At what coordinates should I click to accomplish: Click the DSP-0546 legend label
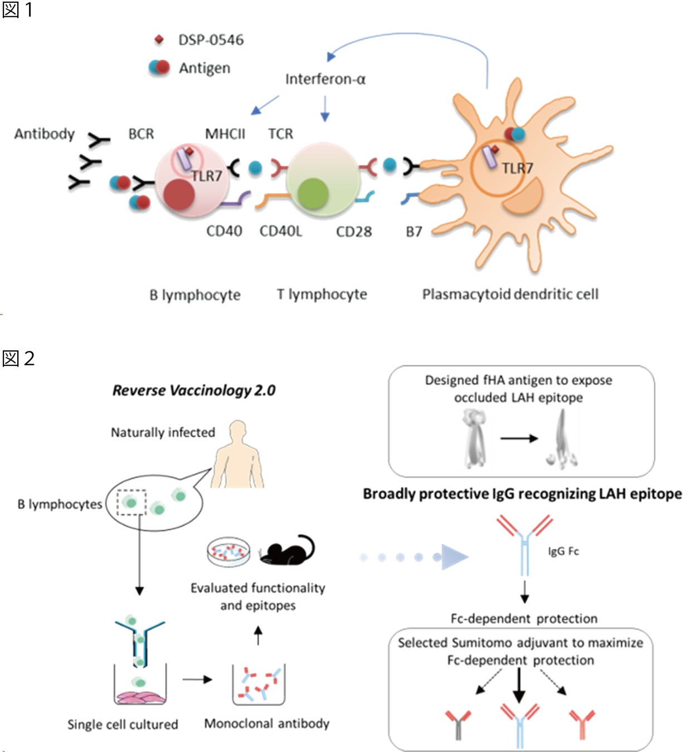pyautogui.click(x=211, y=40)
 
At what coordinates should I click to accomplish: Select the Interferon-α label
pyautogui.click(x=325, y=79)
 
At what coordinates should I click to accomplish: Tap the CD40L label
pyautogui.click(x=281, y=231)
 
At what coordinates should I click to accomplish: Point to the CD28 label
pyautogui.click(x=354, y=231)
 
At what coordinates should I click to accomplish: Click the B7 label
pyautogui.click(x=414, y=231)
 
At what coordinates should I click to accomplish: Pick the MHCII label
pyautogui.click(x=225, y=134)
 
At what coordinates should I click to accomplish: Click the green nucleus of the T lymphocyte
pyautogui.click(x=313, y=193)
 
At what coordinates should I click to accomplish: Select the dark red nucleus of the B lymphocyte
pyautogui.click(x=178, y=194)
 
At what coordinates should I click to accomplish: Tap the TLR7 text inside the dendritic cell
pyautogui.click(x=517, y=168)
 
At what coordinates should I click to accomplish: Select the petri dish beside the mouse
pyautogui.click(x=228, y=551)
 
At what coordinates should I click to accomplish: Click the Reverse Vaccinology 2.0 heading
pyautogui.click(x=194, y=390)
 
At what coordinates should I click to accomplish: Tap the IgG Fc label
pyautogui.click(x=563, y=551)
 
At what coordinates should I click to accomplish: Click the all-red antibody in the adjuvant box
pyautogui.click(x=582, y=724)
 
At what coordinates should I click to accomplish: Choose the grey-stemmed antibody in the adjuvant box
pyautogui.click(x=458, y=724)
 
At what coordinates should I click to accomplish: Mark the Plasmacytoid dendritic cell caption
pyautogui.click(x=510, y=294)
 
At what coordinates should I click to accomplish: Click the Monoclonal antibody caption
pyautogui.click(x=266, y=724)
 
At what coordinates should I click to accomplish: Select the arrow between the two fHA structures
pyautogui.click(x=519, y=438)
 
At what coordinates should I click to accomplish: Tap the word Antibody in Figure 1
pyautogui.click(x=45, y=134)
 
